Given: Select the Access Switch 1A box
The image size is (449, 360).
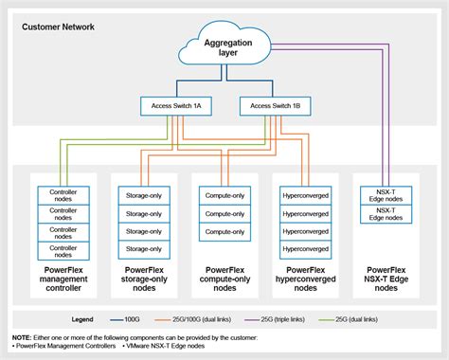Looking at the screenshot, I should coord(177,105).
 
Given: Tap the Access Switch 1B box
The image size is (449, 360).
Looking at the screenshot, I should coord(271,105).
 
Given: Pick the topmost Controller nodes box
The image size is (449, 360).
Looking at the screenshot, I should coord(63,196).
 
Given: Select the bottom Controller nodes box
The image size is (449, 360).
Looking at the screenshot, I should coord(63,250).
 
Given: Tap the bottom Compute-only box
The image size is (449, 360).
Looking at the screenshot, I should coord(224,232).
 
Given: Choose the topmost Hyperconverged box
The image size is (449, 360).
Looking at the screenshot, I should coord(306,196).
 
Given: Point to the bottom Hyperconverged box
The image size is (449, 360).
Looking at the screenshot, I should coord(306,250).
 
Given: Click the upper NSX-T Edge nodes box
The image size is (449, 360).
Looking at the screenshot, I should coord(386,196).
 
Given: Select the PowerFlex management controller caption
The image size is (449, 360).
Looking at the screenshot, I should coord(63,279).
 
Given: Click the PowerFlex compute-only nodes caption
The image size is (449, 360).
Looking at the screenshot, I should coord(224,279).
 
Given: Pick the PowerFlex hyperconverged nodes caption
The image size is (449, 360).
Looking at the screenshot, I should coord(306,279).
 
